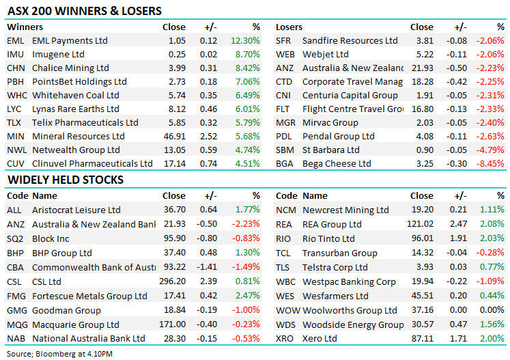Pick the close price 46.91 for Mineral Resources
173,137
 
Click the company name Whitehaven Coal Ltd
76,96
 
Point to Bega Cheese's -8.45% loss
491,164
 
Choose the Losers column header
289,27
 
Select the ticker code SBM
285,150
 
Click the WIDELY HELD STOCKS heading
66,180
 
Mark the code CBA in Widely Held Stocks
16,267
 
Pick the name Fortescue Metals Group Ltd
89,296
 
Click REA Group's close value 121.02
420,224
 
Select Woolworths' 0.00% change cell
492,310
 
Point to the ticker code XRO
285,339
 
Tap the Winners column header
25,27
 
